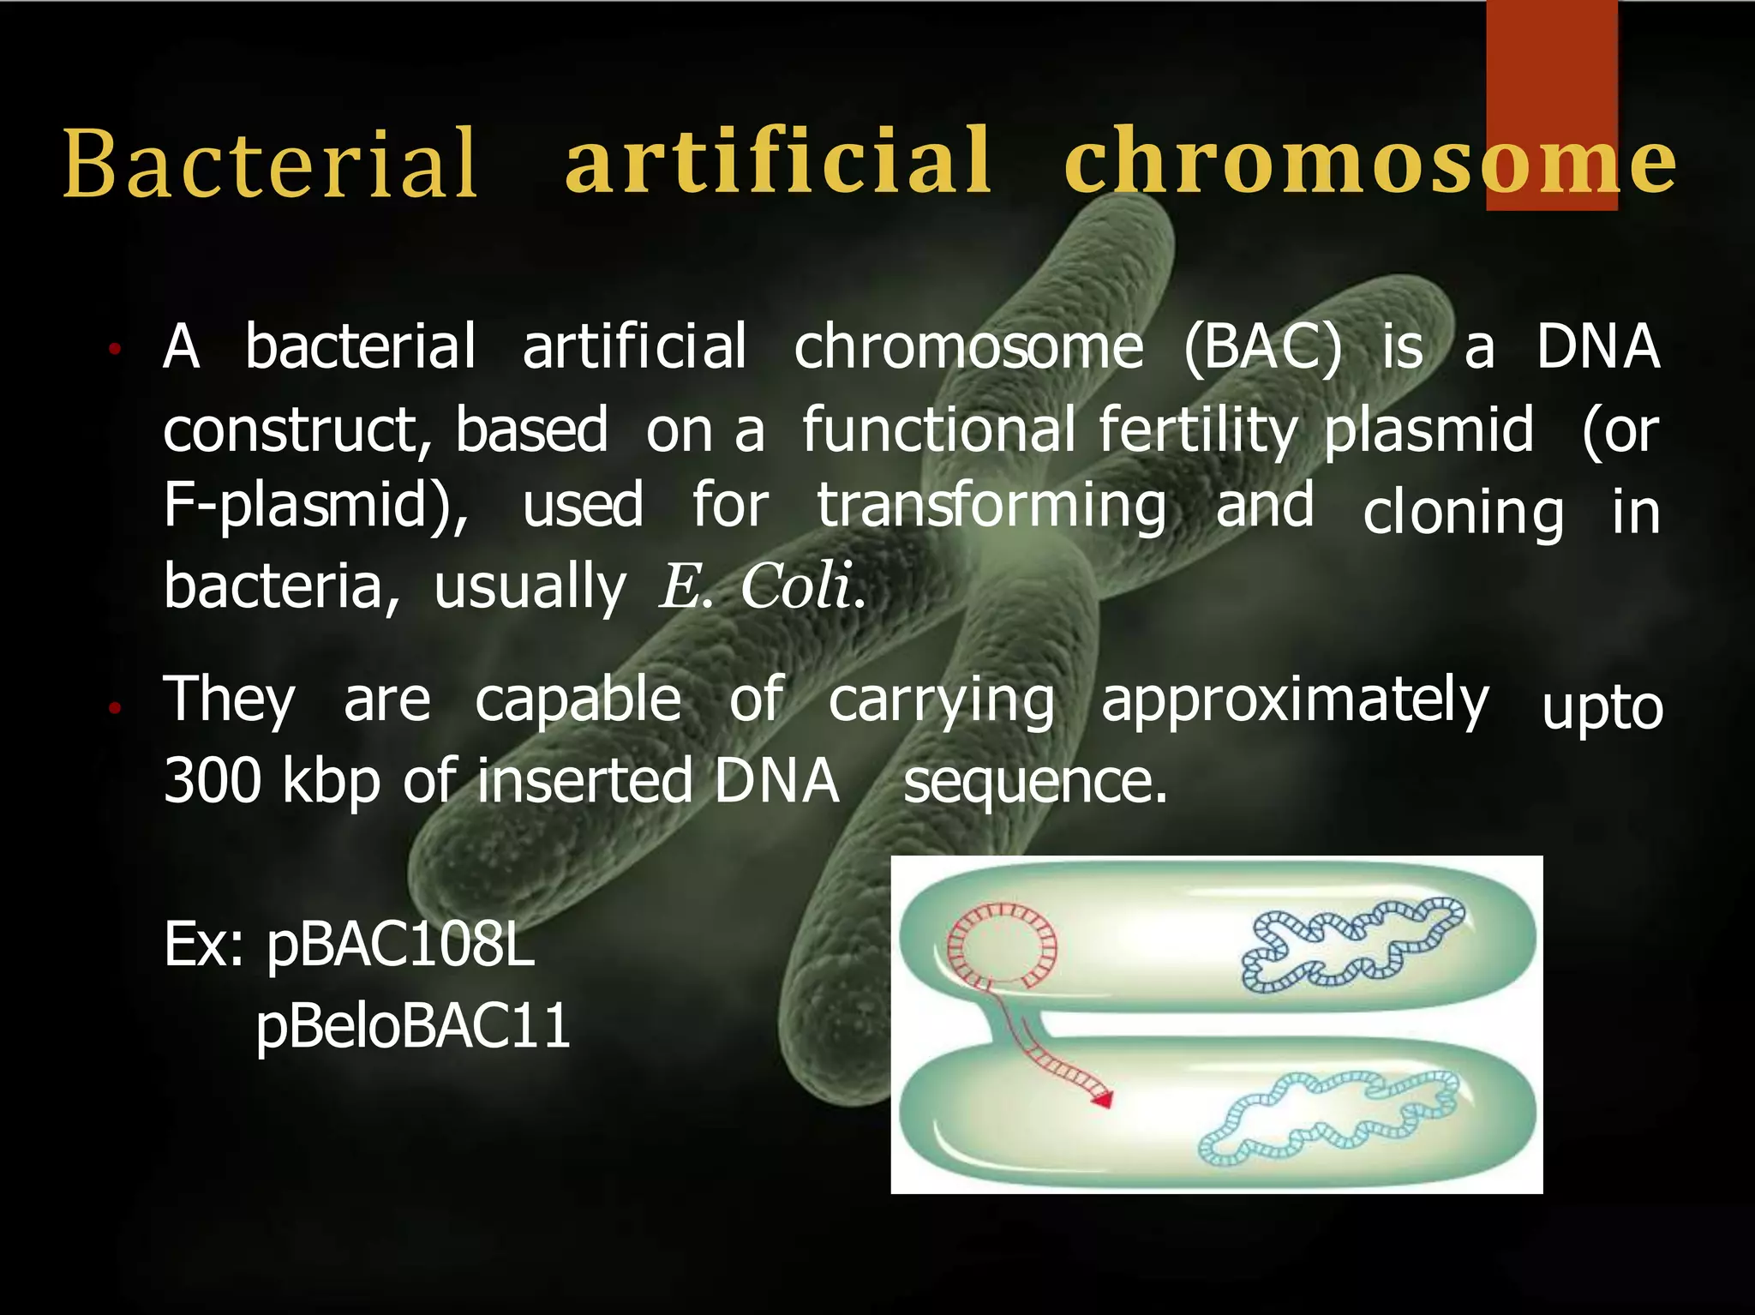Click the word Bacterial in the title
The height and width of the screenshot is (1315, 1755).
coord(270,163)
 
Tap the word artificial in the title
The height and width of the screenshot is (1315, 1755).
coord(778,160)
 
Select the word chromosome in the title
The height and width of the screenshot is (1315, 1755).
coord(1369,160)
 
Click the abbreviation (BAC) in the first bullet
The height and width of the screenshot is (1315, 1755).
coord(1263,347)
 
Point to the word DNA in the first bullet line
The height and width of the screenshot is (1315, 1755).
coord(1597,347)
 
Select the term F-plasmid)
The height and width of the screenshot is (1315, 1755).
coord(315,506)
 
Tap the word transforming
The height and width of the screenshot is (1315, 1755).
coord(991,506)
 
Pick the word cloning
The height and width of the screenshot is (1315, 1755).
coord(1463,513)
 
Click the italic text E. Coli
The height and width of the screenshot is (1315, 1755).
coord(761,587)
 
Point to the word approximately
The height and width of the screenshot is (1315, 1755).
coord(1295,701)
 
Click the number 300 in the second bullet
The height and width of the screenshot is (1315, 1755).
coord(212,781)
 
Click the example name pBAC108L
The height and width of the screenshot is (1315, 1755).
coord(400,945)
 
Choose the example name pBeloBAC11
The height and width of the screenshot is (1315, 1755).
coord(413,1026)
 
